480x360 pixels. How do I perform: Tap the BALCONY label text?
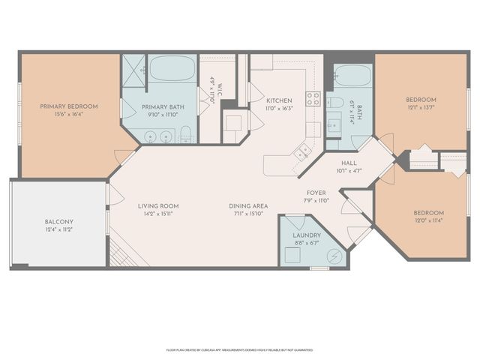point(58,222)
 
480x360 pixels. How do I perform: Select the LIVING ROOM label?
point(157,205)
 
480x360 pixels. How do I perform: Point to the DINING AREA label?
point(247,205)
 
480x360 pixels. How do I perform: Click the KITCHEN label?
point(279,100)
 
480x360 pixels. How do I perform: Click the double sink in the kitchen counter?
point(303,151)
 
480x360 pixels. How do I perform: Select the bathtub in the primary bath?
point(171,70)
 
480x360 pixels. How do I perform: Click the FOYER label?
point(315,193)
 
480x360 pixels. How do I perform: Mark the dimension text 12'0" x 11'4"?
point(428,220)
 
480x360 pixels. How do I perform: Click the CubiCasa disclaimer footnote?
point(239,349)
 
